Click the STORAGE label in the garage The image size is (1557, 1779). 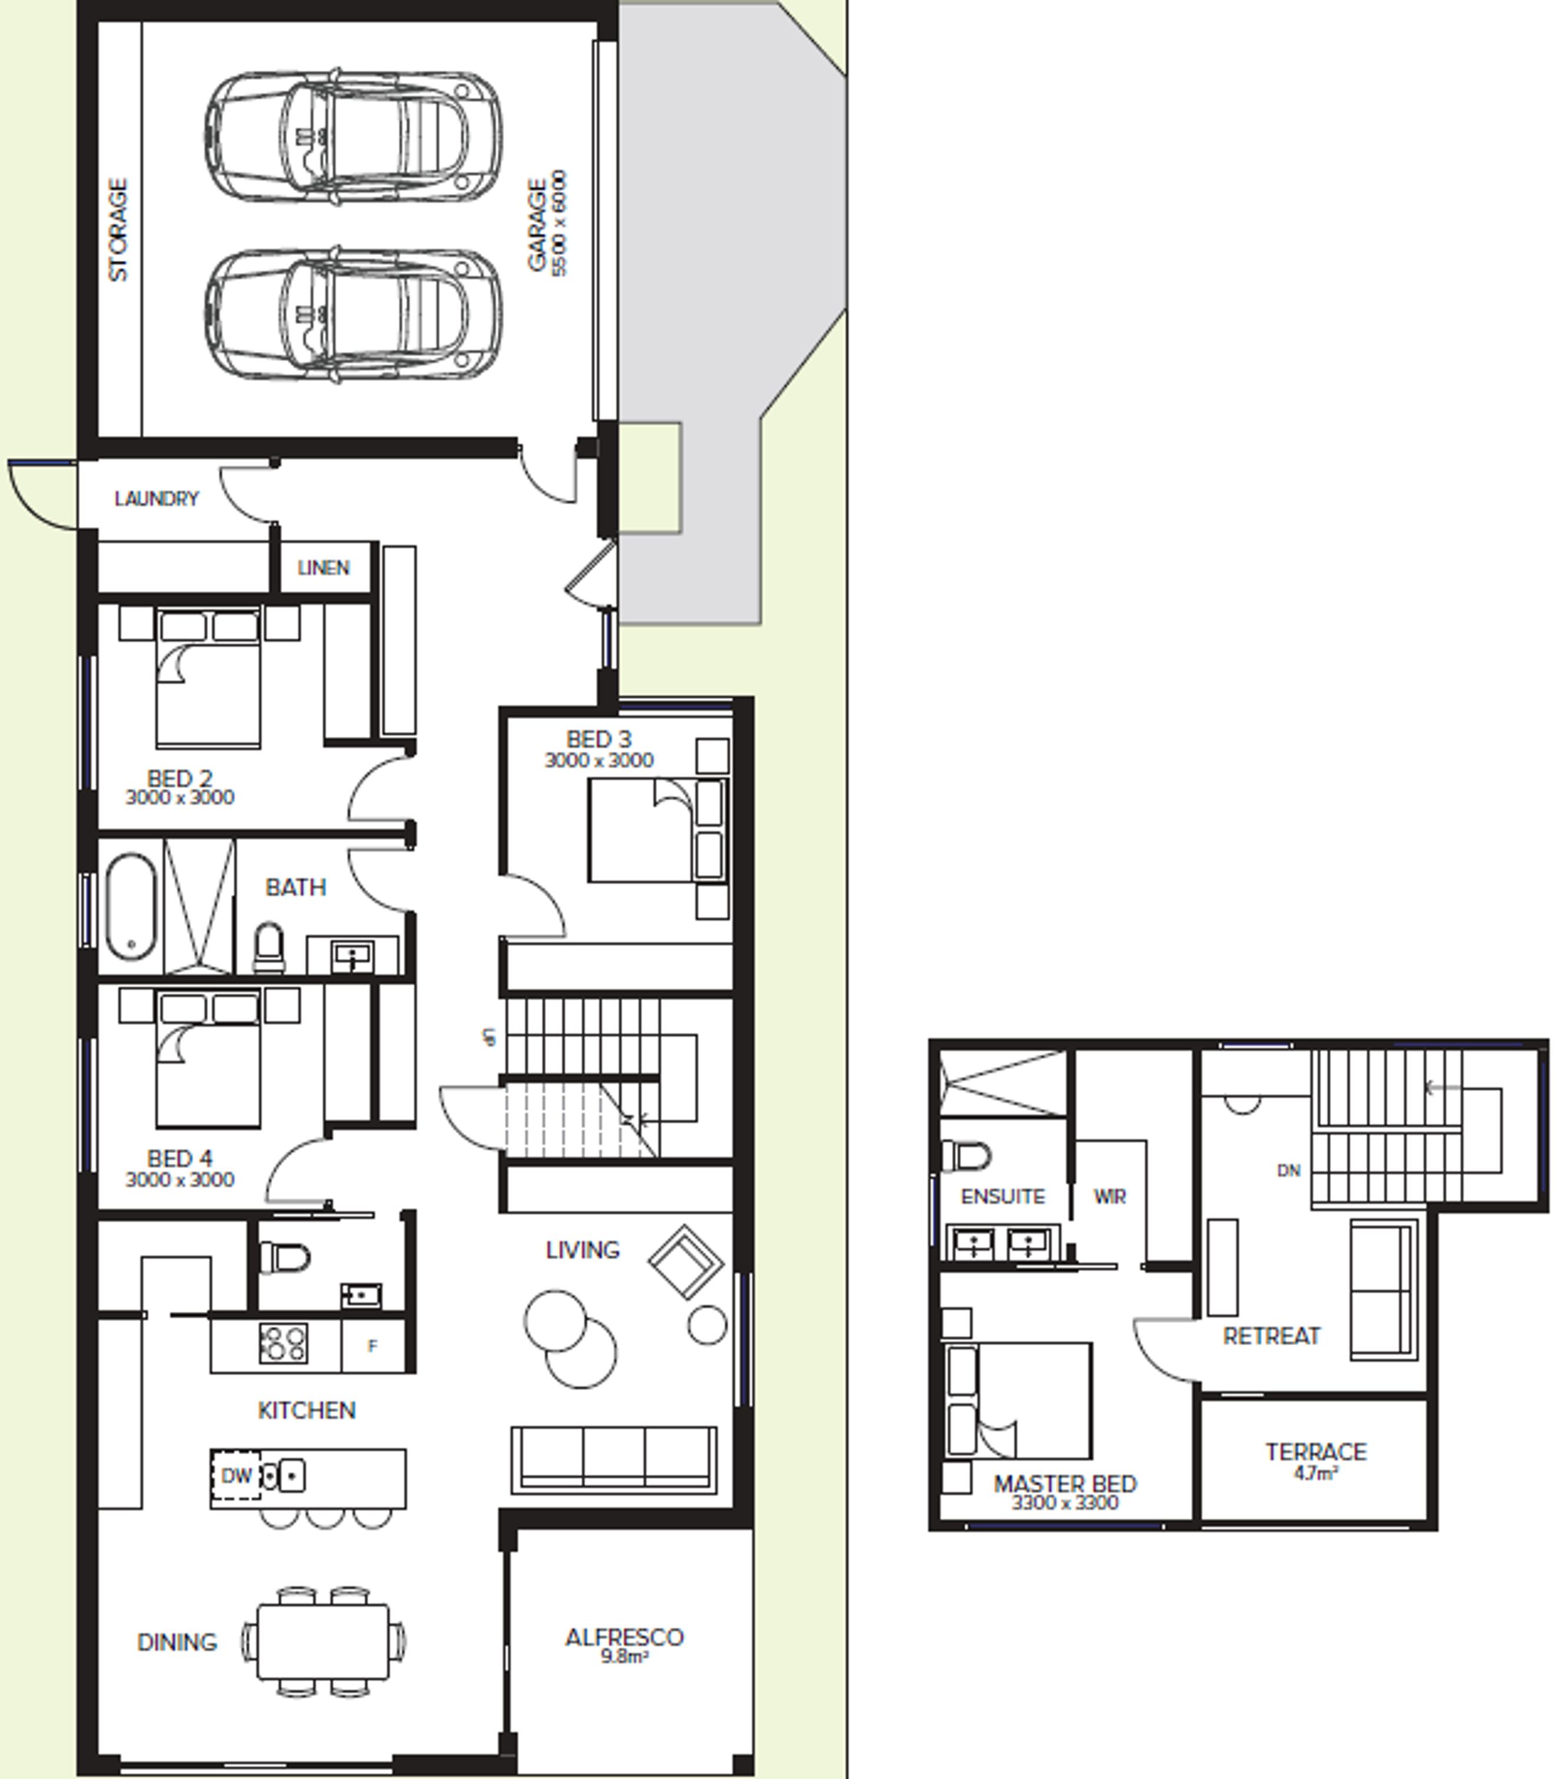[x=119, y=230]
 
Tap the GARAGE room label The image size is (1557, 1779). [x=538, y=225]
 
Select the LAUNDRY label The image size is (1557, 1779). [x=156, y=499]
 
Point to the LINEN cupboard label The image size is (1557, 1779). [x=323, y=568]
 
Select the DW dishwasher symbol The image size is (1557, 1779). [x=236, y=1475]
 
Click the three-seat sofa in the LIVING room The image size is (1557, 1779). [x=614, y=1460]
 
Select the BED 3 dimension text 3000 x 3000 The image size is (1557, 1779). [x=599, y=760]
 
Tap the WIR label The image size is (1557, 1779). [x=1109, y=1197]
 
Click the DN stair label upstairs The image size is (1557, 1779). [x=1289, y=1171]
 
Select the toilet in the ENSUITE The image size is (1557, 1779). [x=967, y=1156]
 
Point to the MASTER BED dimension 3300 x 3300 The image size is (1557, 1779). [x=1065, y=1502]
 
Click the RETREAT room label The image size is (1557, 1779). [x=1271, y=1336]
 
